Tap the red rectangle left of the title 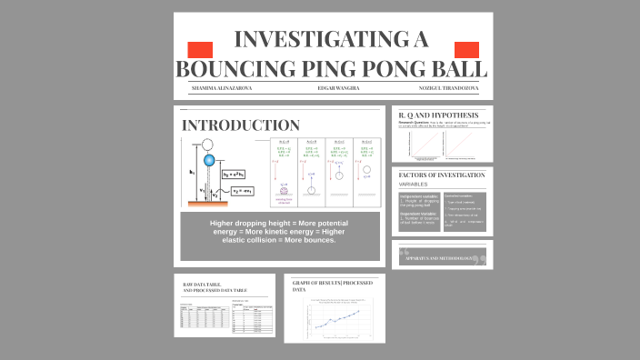tap(199, 49)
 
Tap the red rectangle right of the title tap(465, 49)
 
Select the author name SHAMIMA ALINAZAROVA tap(221, 88)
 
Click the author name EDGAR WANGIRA tap(338, 88)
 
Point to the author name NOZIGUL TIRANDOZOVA tap(447, 88)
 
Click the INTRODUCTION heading tap(241, 125)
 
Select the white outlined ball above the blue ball tap(208, 144)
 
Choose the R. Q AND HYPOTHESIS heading tap(439, 114)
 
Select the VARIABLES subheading tap(415, 184)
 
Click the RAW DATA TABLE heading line tap(204, 285)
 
